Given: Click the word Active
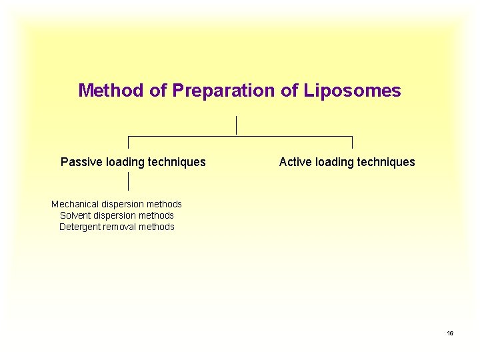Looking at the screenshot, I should point(295,162).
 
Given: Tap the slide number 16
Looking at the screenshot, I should point(450,333).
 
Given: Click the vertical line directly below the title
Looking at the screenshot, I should point(236,125).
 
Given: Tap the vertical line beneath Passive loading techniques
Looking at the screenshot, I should point(128,181).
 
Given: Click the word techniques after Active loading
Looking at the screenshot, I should point(386,162).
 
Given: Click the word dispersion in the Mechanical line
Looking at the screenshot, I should point(124,204).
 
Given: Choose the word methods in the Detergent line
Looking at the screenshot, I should point(157,227).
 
